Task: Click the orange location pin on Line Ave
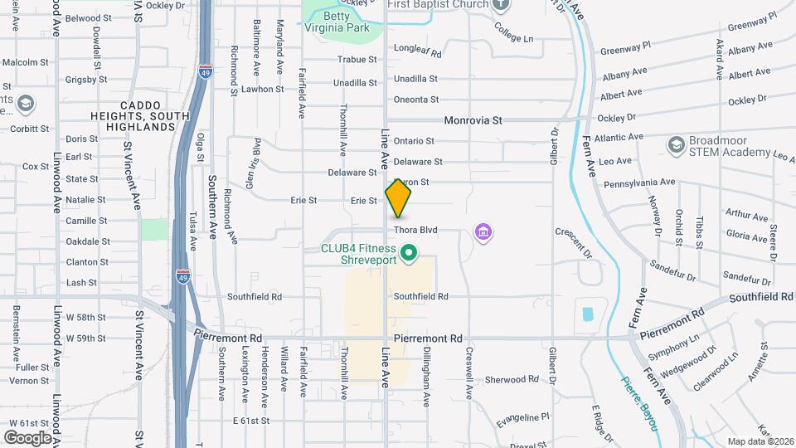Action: (x=398, y=198)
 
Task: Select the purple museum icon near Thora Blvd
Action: (x=483, y=233)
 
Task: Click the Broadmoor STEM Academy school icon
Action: (x=676, y=145)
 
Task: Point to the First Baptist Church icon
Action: (x=500, y=5)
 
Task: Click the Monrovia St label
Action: (x=473, y=120)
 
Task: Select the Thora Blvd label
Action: (x=415, y=230)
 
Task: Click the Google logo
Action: (x=27, y=437)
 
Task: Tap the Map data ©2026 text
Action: (x=760, y=441)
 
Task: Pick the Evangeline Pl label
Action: (x=522, y=420)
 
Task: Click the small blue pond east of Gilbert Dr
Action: (x=588, y=314)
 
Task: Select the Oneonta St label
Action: (x=415, y=100)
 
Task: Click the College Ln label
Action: (x=513, y=37)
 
